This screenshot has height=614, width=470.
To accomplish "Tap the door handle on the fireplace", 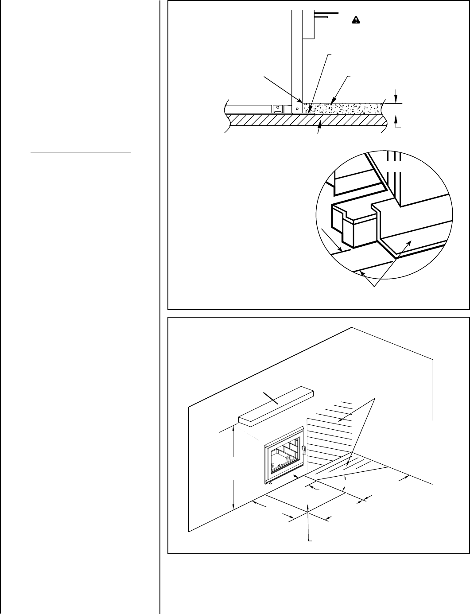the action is [304, 450].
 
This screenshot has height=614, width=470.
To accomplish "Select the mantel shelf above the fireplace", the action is [276, 405].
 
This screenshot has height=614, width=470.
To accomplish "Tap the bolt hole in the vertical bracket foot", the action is [298, 108].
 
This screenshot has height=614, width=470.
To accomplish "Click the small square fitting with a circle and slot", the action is [277, 109].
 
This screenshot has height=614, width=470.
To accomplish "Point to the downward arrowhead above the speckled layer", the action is [396, 100].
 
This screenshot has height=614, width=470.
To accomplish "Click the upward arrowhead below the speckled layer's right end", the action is [396, 118].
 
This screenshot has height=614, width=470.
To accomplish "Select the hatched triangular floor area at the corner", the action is [350, 470].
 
